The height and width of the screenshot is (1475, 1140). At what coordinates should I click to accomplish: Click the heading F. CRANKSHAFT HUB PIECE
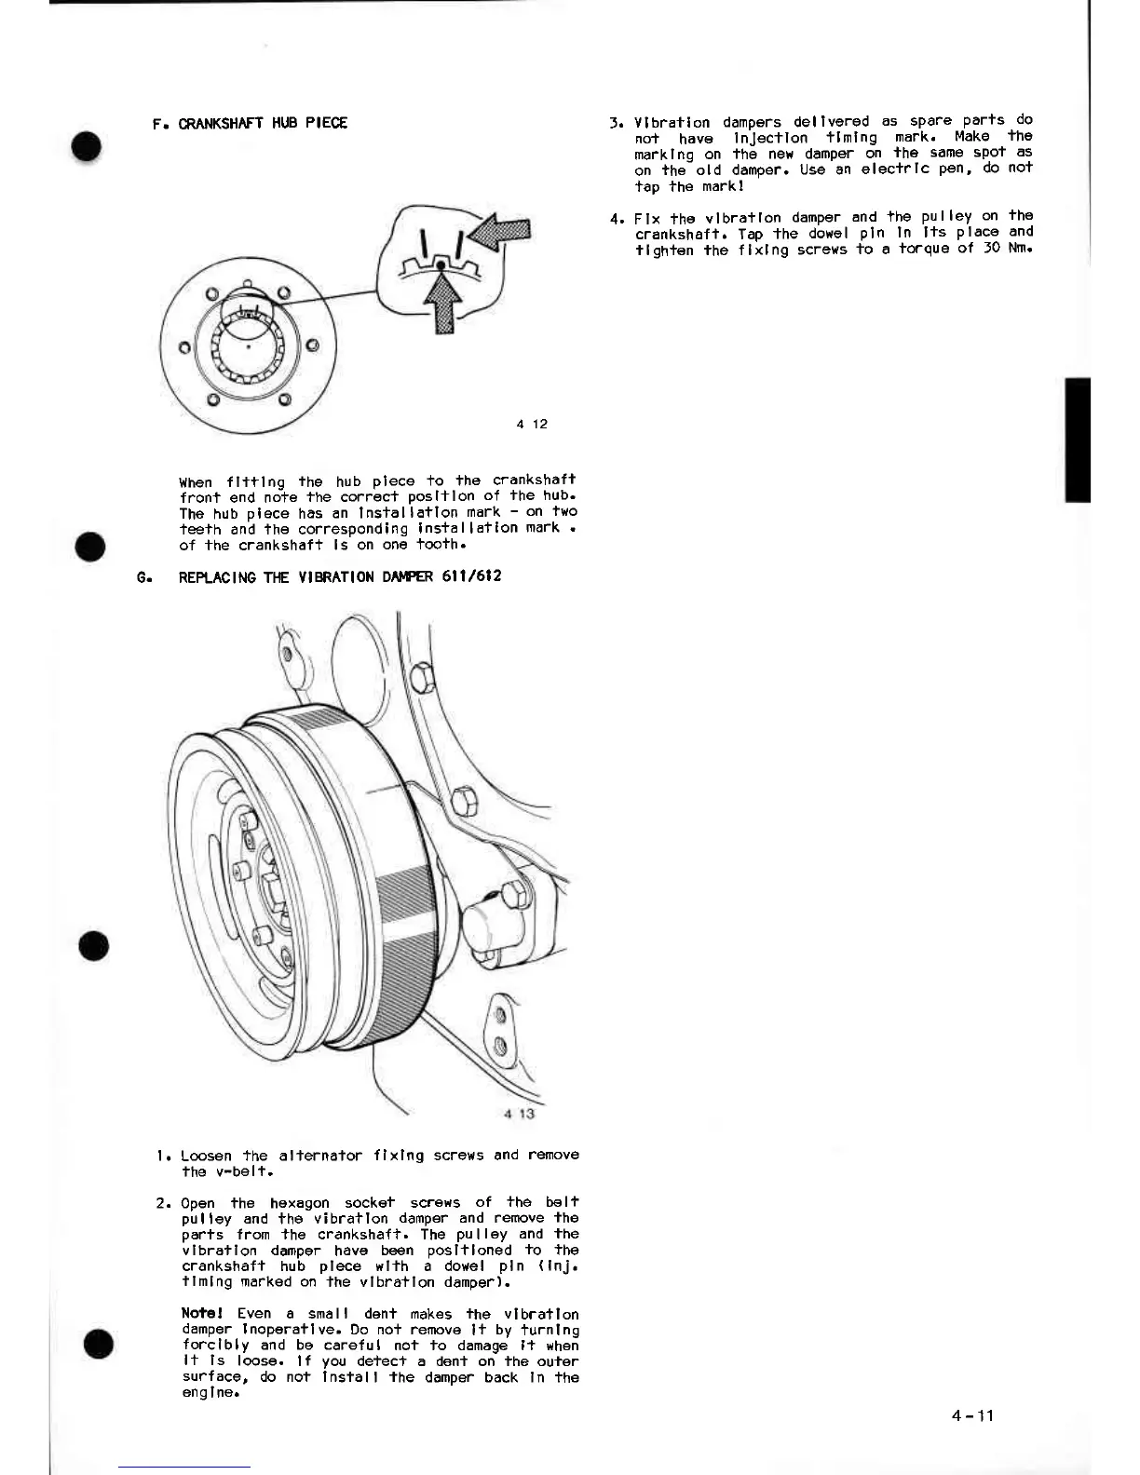pyautogui.click(x=250, y=123)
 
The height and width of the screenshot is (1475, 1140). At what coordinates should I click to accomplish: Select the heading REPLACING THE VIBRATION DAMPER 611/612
pyautogui.click(x=340, y=576)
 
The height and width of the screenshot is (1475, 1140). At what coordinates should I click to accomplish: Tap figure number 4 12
pyautogui.click(x=532, y=424)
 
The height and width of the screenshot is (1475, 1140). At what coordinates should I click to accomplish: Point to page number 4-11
pyautogui.click(x=973, y=1415)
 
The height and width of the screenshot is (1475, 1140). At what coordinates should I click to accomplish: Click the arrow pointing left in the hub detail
pyautogui.click(x=501, y=232)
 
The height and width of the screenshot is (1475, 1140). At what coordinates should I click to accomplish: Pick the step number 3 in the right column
pyautogui.click(x=615, y=123)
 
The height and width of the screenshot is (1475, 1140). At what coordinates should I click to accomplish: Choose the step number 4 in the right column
pyautogui.click(x=615, y=220)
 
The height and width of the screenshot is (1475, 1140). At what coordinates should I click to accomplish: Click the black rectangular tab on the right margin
pyautogui.click(x=1077, y=440)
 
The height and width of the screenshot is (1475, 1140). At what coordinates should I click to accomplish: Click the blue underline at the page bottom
pyautogui.click(x=184, y=1468)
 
